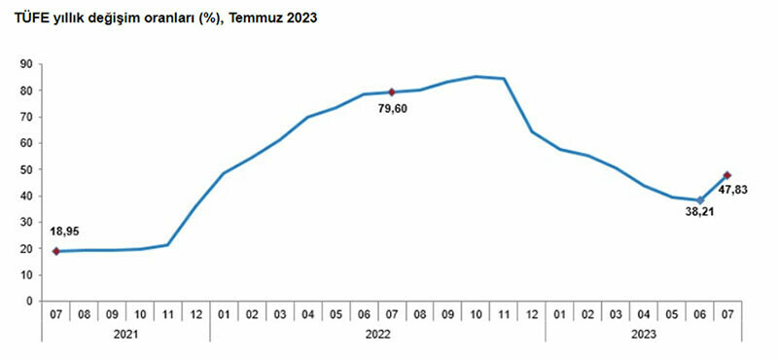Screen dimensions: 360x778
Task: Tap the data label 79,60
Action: tap(393, 110)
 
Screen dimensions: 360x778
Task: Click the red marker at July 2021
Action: tap(56, 251)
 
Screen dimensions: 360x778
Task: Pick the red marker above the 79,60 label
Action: tap(392, 92)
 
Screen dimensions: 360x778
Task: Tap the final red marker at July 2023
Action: tap(727, 175)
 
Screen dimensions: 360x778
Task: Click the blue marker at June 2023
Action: tap(700, 200)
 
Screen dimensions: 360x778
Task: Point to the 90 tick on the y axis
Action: tap(28, 64)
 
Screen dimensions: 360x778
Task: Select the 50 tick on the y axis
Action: tap(28, 169)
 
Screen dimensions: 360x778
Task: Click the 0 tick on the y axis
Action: tap(31, 301)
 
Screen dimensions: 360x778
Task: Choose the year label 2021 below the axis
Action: tap(125, 334)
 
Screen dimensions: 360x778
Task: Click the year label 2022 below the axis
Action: tap(377, 334)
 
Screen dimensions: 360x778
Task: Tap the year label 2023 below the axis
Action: tap(644, 334)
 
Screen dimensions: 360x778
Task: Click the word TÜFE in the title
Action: tap(28, 18)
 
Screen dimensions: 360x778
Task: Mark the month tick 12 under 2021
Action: tap(195, 313)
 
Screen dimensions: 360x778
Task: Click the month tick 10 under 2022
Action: tap(476, 313)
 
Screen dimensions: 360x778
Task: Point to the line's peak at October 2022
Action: tap(476, 76)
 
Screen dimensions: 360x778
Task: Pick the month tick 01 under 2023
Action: tap(560, 313)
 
